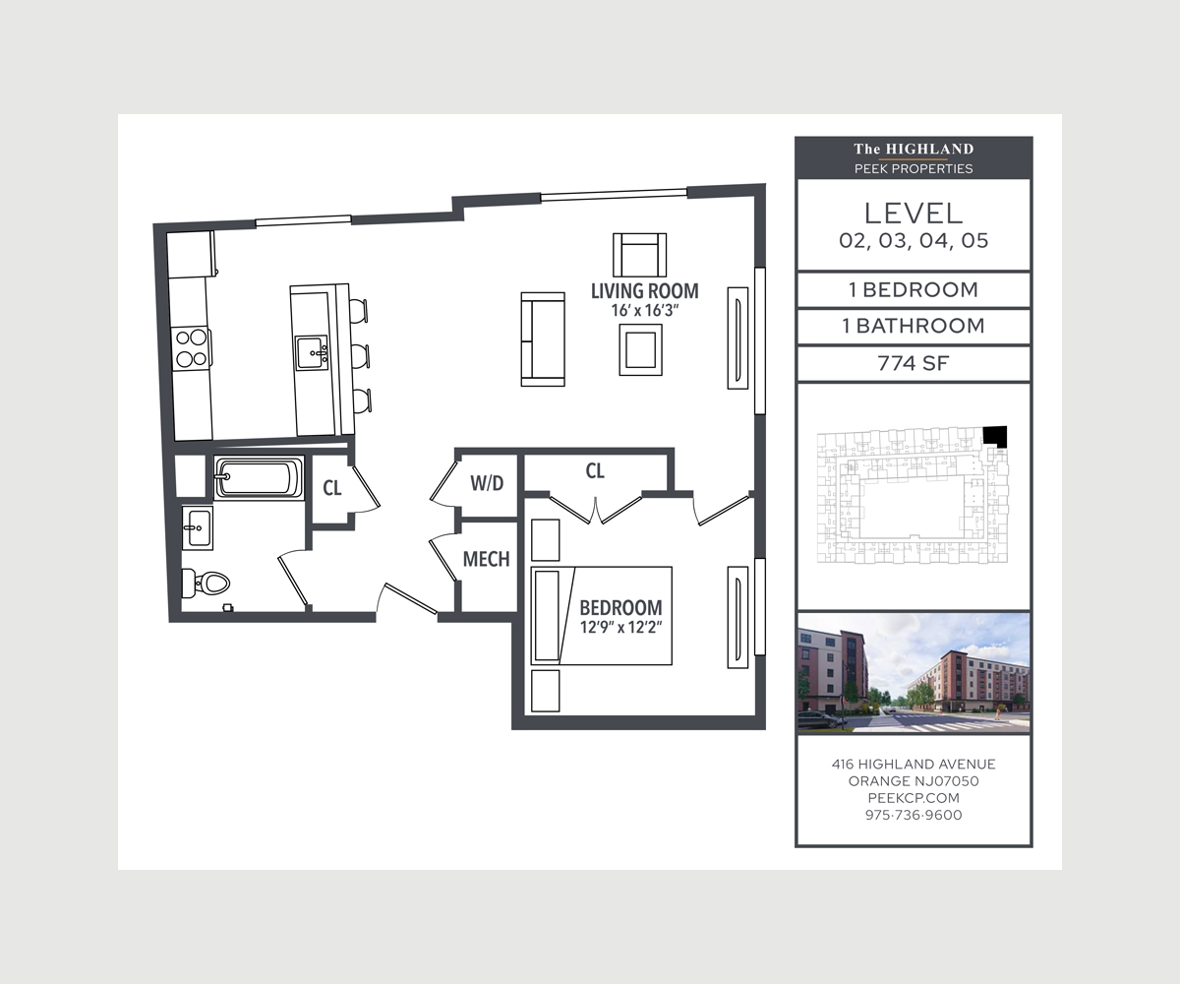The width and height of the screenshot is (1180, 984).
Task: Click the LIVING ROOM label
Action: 645,291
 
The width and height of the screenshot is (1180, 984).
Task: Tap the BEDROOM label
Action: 620,608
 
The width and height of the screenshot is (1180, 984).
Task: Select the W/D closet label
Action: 487,483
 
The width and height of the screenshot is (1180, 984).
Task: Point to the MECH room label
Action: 486,559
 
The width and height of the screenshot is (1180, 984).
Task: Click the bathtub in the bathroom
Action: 259,478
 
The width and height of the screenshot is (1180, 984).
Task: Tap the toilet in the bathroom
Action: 206,584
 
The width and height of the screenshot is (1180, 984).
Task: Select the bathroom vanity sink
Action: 198,527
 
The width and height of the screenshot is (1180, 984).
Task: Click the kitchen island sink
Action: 312,352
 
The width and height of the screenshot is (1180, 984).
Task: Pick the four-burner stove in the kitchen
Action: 191,348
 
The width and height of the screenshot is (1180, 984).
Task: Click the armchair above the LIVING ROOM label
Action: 640,255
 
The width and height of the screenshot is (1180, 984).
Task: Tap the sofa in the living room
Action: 543,339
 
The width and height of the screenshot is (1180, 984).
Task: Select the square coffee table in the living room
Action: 640,349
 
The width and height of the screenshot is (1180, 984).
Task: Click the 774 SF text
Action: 914,364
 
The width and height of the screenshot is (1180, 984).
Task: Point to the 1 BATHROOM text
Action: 914,327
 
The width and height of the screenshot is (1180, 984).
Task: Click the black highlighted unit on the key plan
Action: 995,436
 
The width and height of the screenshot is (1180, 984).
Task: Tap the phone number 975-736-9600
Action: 914,815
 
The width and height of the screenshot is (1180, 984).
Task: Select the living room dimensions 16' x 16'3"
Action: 645,311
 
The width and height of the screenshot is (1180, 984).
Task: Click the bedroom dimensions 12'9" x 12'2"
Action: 620,627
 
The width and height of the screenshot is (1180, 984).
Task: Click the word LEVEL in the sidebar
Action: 914,214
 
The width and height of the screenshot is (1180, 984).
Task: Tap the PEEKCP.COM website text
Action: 914,798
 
